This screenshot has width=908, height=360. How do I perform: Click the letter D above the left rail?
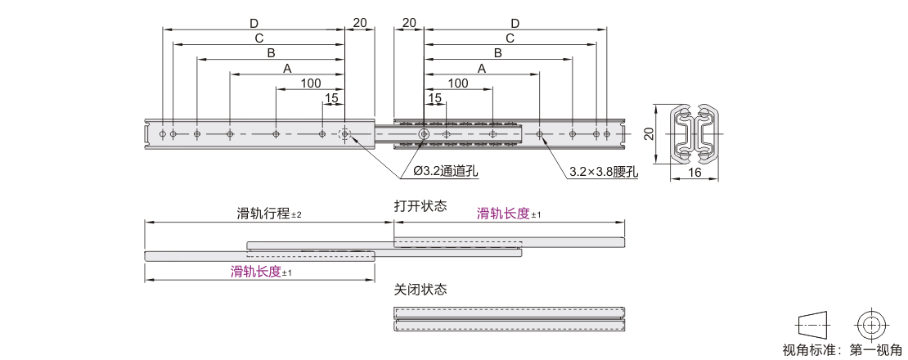[254, 23]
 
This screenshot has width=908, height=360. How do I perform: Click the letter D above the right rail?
[515, 23]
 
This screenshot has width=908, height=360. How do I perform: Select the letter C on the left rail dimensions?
[258, 38]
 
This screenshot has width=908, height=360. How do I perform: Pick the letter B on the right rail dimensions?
[497, 53]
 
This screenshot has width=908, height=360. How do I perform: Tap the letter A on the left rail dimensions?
[286, 69]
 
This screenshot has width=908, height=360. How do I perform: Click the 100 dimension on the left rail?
[310, 83]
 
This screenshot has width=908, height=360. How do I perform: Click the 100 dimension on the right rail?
[458, 83]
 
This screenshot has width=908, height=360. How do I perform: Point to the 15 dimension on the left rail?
[331, 98]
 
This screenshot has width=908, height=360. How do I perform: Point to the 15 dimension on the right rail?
[435, 98]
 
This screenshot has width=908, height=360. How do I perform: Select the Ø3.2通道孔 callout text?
[446, 171]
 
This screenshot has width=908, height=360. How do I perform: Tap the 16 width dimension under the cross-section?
[694, 173]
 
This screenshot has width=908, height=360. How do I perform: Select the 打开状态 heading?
[420, 206]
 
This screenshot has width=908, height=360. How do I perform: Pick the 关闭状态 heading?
[420, 290]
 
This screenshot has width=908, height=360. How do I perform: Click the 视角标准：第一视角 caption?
[842, 350]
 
